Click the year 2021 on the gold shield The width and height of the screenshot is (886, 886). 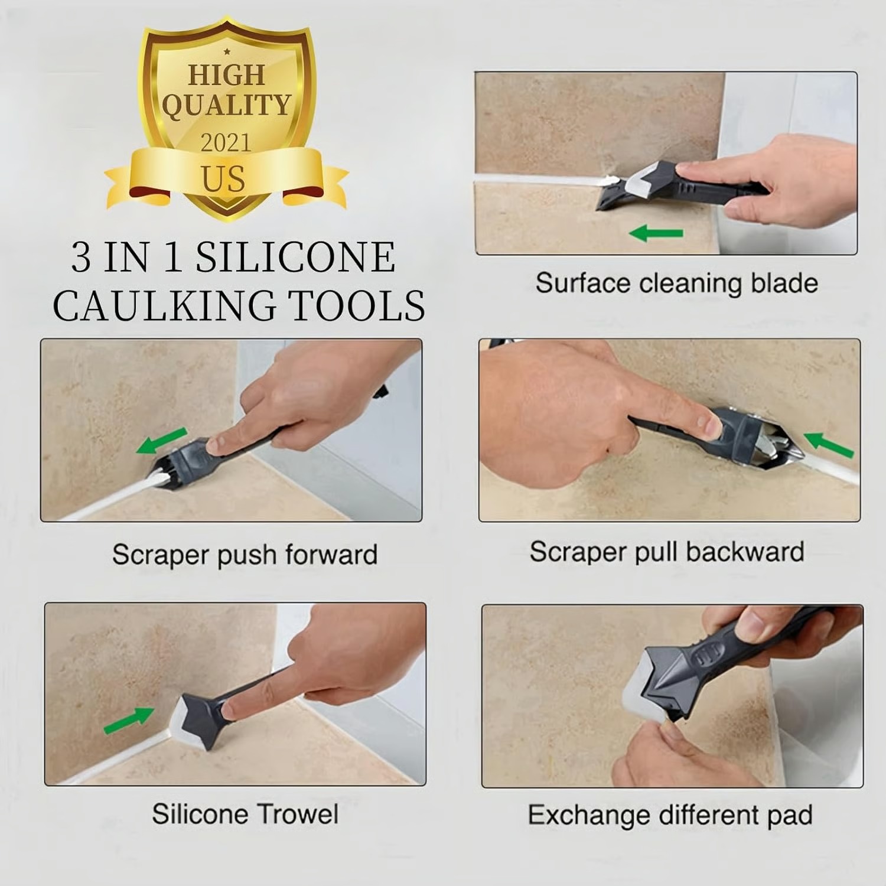click(x=226, y=143)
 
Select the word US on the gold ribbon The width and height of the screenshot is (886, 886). click(x=223, y=179)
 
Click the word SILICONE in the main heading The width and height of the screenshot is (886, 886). click(x=295, y=258)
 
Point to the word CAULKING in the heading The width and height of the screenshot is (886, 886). click(x=164, y=306)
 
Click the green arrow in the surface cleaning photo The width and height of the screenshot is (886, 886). click(x=656, y=233)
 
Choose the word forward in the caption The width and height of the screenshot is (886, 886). click(x=331, y=555)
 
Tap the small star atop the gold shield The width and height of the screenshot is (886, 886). click(x=227, y=52)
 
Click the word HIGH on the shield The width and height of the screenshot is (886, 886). click(x=226, y=76)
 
